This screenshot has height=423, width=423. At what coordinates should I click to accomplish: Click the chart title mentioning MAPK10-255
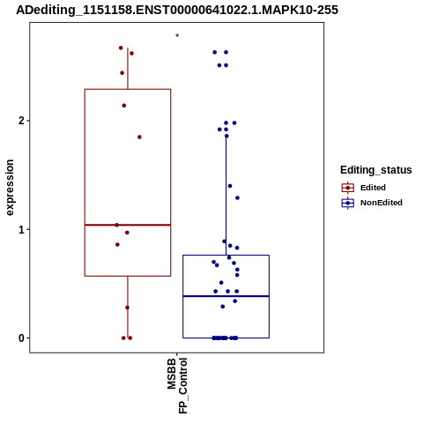click(177, 10)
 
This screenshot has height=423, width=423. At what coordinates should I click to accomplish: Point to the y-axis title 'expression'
click(10, 188)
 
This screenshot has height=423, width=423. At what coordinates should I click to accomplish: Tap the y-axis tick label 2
click(21, 121)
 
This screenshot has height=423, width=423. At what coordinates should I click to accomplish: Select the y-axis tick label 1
click(21, 229)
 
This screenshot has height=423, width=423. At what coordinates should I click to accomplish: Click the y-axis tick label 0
click(21, 338)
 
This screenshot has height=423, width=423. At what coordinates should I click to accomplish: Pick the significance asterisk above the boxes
click(177, 36)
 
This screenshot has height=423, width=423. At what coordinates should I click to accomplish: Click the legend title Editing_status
click(376, 170)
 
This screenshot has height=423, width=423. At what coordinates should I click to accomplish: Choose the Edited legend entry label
click(373, 188)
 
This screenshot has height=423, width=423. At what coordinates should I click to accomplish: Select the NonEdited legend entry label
click(382, 203)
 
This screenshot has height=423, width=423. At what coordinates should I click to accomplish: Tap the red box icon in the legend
click(348, 188)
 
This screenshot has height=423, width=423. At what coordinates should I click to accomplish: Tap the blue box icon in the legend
click(348, 203)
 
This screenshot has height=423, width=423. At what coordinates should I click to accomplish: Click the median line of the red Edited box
click(128, 225)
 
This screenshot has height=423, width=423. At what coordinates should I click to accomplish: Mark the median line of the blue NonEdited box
click(226, 296)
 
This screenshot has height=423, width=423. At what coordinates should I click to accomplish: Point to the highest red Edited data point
click(121, 48)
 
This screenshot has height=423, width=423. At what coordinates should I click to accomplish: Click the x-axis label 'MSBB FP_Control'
click(177, 385)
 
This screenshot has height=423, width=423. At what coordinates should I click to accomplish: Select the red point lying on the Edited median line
click(116, 225)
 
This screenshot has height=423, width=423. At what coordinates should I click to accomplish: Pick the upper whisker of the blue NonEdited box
click(226, 196)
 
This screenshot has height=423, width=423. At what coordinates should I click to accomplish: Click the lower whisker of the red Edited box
click(128, 307)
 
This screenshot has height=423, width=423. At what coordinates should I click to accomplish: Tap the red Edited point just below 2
click(139, 137)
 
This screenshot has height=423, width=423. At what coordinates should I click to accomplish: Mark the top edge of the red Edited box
click(128, 89)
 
